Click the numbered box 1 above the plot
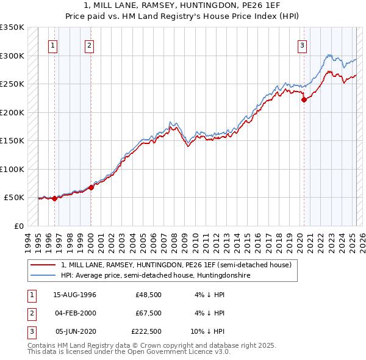tap(53, 45)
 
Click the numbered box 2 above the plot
tap(89, 45)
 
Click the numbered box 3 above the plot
tap(302, 45)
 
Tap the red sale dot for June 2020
tap(304, 100)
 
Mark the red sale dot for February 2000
tap(91, 187)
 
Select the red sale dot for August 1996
tap(54, 198)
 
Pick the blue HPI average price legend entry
tap(156, 275)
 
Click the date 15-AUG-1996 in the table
tap(74, 295)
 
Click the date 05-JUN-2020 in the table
tap(75, 332)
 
